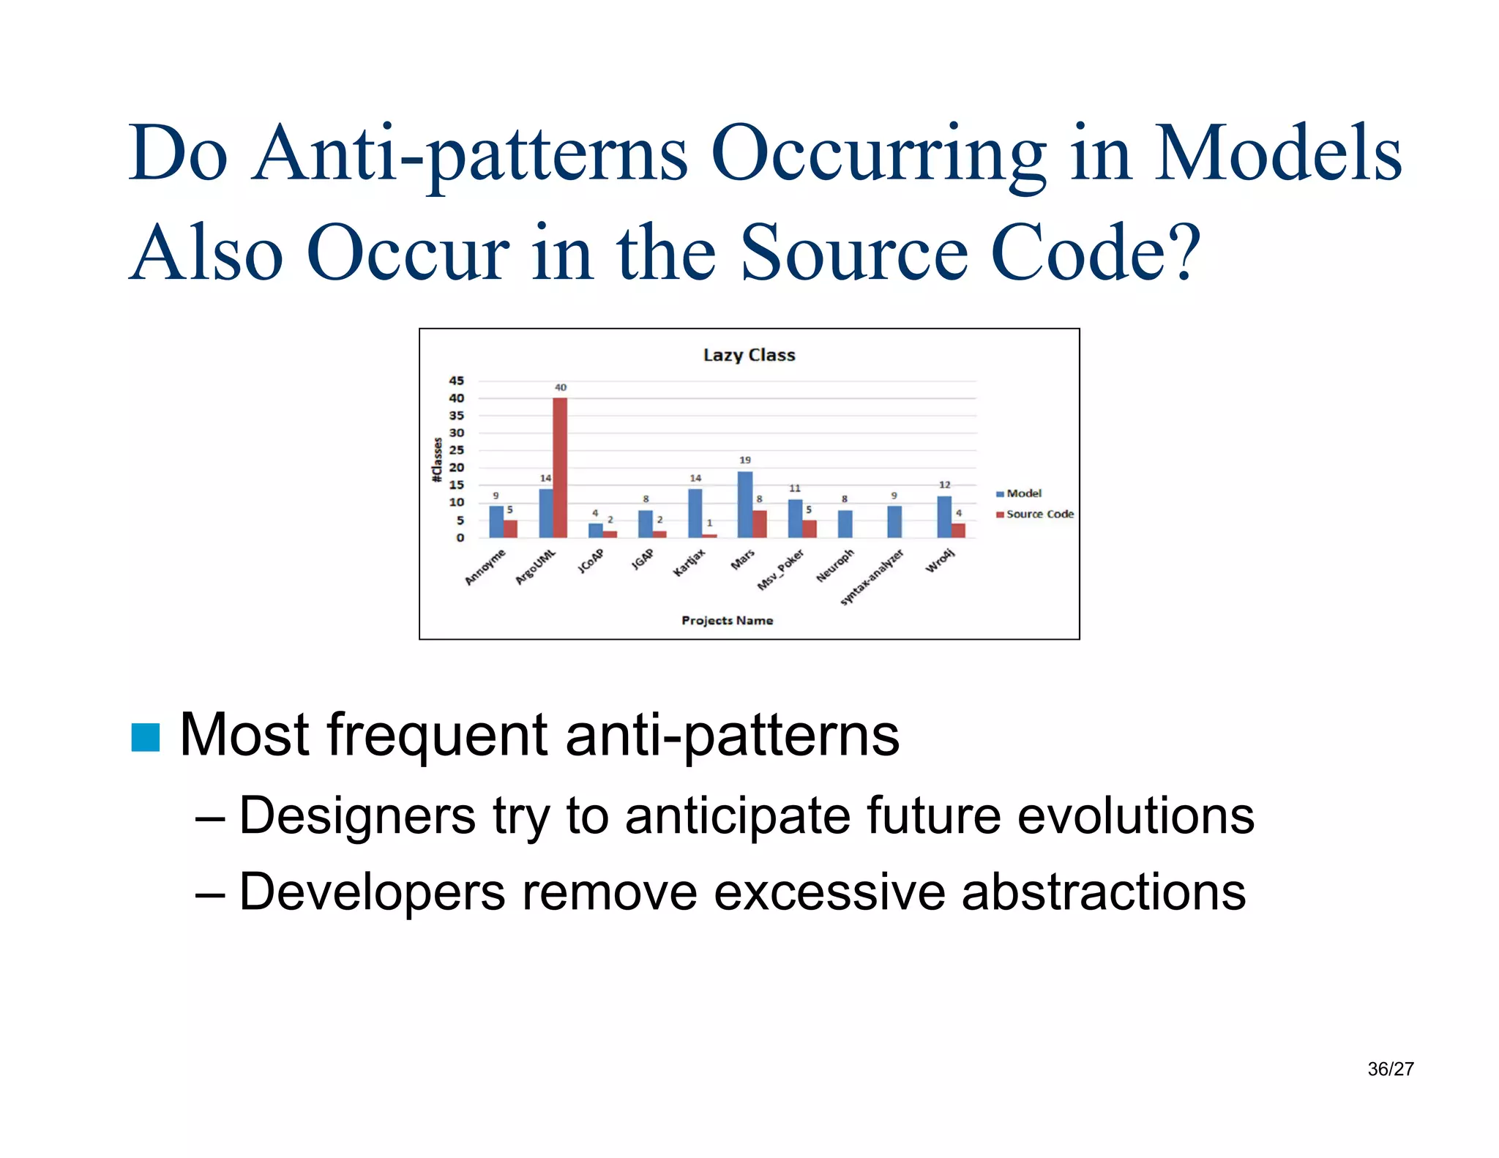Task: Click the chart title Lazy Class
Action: [x=749, y=355]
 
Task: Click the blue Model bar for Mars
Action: [x=744, y=504]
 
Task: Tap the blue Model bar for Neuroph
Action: [x=845, y=523]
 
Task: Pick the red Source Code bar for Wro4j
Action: [x=958, y=530]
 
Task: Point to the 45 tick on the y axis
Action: [x=456, y=381]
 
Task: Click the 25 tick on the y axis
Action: [x=456, y=450]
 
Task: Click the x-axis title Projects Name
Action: [x=727, y=620]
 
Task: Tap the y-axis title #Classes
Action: [x=437, y=460]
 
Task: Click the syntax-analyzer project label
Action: [x=872, y=577]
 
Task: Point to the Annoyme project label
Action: [x=485, y=567]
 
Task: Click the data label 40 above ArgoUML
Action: [x=560, y=387]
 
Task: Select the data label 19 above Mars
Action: [x=744, y=460]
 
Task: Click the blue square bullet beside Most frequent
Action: [x=145, y=737]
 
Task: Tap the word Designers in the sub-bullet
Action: [x=357, y=815]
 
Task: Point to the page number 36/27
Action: [x=1390, y=1069]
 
